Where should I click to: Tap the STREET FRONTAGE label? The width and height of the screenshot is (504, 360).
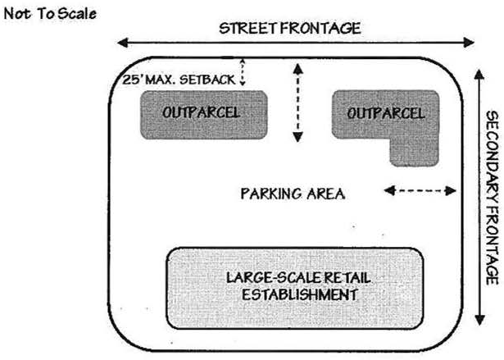click(x=289, y=28)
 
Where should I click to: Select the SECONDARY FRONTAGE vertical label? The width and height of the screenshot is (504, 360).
click(x=491, y=196)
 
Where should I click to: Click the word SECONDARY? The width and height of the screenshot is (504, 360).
click(x=491, y=151)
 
